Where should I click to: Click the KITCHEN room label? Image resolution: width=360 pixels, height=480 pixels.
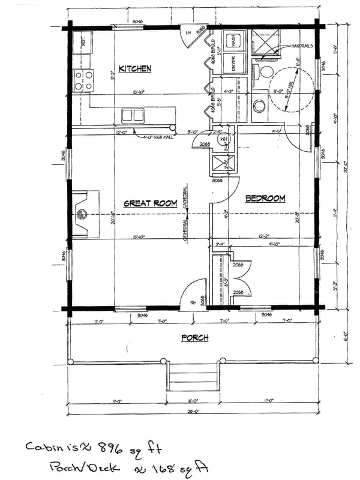[134, 69]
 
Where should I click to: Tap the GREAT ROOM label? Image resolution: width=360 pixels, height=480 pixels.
[150, 203]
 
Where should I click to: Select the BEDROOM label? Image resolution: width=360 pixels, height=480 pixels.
[265, 198]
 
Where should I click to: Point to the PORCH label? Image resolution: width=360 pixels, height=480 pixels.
[195, 338]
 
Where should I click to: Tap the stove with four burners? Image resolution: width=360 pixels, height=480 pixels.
[83, 80]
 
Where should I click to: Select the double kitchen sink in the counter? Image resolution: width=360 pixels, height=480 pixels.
[133, 115]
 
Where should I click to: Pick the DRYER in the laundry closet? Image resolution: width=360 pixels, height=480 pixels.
[235, 63]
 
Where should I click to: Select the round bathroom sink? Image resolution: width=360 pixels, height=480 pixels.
[259, 106]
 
